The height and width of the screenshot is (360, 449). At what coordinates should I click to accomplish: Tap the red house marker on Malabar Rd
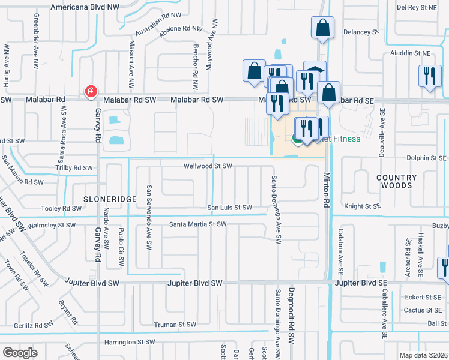coord(91,92)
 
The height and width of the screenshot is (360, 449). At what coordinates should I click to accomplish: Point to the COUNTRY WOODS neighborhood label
coord(396,182)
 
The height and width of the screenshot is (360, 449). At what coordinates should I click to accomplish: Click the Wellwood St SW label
coord(208,166)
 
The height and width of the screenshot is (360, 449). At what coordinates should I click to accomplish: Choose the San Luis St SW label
coord(229,208)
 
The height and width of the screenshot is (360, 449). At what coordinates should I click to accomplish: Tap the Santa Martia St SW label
coord(197,224)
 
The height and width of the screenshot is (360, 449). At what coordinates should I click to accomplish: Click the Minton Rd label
coord(327,191)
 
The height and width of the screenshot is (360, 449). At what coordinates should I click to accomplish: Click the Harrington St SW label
coord(130,342)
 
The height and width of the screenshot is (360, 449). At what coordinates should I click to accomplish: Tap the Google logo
coord(20,353)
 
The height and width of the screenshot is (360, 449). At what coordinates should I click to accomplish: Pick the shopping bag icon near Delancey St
coord(322,28)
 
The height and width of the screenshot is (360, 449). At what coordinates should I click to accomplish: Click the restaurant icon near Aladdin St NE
coord(429,76)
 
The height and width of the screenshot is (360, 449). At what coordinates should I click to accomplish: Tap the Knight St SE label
coord(362,206)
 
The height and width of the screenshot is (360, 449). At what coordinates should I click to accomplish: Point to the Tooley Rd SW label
coord(61,209)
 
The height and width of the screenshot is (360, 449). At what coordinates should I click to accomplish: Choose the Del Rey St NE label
coord(419,7)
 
